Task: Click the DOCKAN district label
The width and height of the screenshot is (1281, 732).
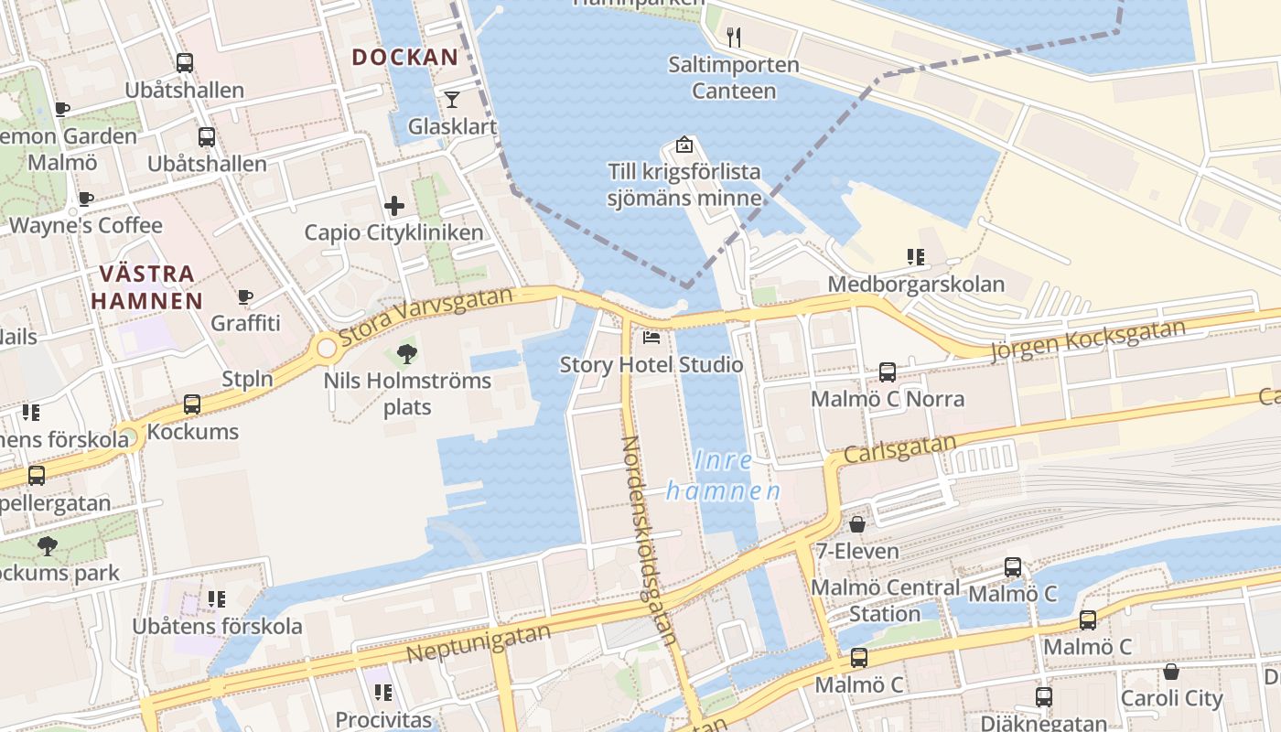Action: point(404,57)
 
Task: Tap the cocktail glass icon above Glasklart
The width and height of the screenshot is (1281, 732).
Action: point(452,99)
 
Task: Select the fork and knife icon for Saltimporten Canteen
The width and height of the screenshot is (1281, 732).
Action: point(733,37)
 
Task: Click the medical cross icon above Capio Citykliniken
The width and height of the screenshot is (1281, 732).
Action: point(394,206)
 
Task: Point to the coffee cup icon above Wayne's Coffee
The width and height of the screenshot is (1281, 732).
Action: point(86,199)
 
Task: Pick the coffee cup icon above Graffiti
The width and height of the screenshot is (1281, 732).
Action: point(244,297)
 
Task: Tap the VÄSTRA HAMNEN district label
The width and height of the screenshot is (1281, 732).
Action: point(146,286)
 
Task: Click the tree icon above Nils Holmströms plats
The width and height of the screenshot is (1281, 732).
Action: point(407,353)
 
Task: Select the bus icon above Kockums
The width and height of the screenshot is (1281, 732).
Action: point(192,404)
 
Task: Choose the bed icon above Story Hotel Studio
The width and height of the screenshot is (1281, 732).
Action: point(651,338)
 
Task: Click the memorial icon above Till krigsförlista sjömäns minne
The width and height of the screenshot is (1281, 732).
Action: point(684,145)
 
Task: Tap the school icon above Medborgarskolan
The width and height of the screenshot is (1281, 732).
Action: point(915,257)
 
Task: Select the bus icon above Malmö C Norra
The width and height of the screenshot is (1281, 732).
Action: point(887,372)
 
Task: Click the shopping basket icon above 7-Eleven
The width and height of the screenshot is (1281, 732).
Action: point(857,524)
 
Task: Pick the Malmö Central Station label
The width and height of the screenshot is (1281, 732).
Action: point(885,600)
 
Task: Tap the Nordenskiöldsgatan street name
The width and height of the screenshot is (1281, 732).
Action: point(649,540)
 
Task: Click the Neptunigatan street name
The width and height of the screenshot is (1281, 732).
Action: point(479,642)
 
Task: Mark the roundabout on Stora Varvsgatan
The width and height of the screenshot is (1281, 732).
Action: point(327,349)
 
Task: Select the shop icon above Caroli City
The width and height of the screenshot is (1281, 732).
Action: point(1170,673)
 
